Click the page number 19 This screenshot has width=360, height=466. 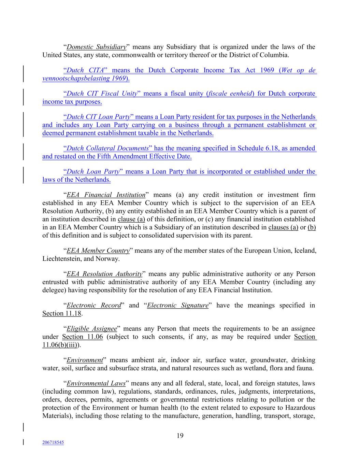(180, 435)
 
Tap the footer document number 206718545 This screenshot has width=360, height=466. (53, 442)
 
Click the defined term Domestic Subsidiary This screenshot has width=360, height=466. (96, 47)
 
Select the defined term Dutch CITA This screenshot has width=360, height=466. (85, 70)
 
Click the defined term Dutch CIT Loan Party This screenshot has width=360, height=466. (98, 117)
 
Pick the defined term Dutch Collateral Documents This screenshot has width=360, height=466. (107, 148)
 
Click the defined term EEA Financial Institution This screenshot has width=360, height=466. (106, 195)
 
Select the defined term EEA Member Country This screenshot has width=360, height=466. (98, 251)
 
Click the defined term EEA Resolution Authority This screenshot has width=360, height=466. (104, 274)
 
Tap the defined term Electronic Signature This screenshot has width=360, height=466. (177, 305)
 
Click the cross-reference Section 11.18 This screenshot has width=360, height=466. (62, 313)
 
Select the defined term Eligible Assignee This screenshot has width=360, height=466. (91, 328)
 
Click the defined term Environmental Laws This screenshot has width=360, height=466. (96, 383)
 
